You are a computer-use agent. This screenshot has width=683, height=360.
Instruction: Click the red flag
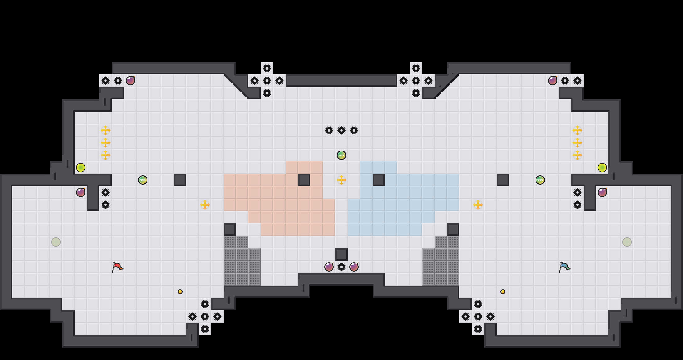tap(117, 267)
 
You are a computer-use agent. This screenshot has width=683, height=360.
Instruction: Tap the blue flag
tap(564, 267)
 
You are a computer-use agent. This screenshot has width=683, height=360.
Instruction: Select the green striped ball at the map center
tap(341, 155)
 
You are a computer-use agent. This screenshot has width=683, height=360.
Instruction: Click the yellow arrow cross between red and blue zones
tap(341, 180)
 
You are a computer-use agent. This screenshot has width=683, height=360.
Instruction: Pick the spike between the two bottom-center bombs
tap(341, 267)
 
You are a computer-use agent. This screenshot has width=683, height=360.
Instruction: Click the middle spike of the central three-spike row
tap(341, 130)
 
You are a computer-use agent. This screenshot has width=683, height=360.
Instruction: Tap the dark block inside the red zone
tap(304, 180)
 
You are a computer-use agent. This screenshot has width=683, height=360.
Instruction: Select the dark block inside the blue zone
tap(379, 180)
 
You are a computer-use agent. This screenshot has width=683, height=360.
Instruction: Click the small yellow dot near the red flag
tap(180, 292)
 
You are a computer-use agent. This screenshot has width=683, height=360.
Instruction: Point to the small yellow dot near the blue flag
tap(503, 292)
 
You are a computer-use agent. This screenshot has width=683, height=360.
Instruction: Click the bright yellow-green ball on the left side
tap(81, 168)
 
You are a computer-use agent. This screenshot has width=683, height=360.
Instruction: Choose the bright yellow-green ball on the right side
tap(602, 168)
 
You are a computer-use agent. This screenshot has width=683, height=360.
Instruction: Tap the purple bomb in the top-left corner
tap(130, 81)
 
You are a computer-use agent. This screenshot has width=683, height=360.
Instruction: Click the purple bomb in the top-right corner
tap(553, 81)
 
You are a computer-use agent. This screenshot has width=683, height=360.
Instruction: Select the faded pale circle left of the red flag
tap(56, 242)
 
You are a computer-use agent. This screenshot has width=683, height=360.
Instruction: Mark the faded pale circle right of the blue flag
tap(627, 242)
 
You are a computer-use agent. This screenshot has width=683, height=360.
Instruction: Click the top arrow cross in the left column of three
tap(106, 130)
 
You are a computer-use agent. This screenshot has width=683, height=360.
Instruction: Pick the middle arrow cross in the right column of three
tap(577, 143)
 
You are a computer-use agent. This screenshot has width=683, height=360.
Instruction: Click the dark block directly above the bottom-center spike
tap(341, 254)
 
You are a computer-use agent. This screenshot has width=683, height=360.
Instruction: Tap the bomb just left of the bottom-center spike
tap(329, 267)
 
